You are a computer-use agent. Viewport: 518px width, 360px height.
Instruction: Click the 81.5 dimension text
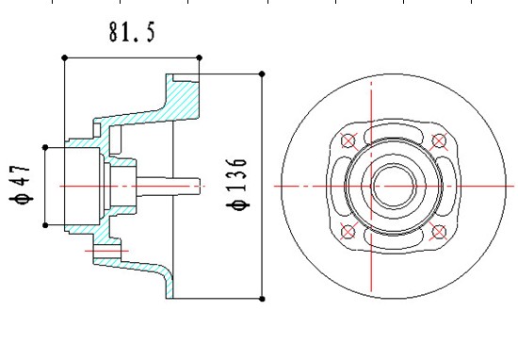pyautogui.click(x=132, y=32)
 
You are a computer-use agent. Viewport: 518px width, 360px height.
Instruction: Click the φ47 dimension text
pyautogui.click(x=21, y=185)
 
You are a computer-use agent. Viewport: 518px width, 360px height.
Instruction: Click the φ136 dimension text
pyautogui.click(x=236, y=185)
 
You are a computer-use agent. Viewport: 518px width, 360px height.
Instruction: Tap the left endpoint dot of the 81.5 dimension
pyautogui.click(x=65, y=58)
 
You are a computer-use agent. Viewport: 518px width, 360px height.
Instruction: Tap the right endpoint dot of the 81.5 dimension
pyautogui.click(x=200, y=57)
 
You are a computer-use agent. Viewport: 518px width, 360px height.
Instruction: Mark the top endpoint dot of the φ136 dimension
pyautogui.click(x=262, y=74)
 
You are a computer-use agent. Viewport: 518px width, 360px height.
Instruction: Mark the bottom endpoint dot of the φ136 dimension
pyautogui.click(x=263, y=299)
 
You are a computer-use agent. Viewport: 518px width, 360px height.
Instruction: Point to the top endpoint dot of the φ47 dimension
pyautogui.click(x=45, y=147)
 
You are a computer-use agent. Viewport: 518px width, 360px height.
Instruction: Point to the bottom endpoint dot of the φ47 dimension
pyautogui.click(x=45, y=225)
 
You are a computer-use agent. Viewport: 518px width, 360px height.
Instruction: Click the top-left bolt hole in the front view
pyautogui.click(x=348, y=140)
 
